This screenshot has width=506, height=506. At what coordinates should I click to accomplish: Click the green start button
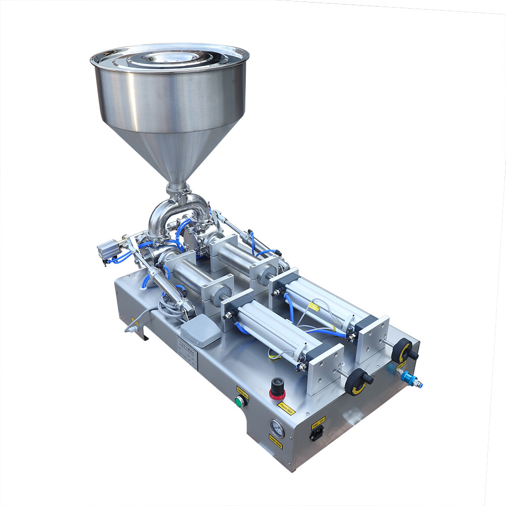[239, 402]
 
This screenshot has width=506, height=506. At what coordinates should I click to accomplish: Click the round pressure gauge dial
[277, 428]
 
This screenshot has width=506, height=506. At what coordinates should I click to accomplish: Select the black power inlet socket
[317, 433]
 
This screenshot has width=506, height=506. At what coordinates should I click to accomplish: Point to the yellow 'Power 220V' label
[318, 420]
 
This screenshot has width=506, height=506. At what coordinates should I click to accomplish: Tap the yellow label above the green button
[242, 391]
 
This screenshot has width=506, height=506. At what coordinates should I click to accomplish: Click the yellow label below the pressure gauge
[276, 442]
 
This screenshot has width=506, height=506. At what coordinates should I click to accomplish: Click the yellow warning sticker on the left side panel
[135, 321]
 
